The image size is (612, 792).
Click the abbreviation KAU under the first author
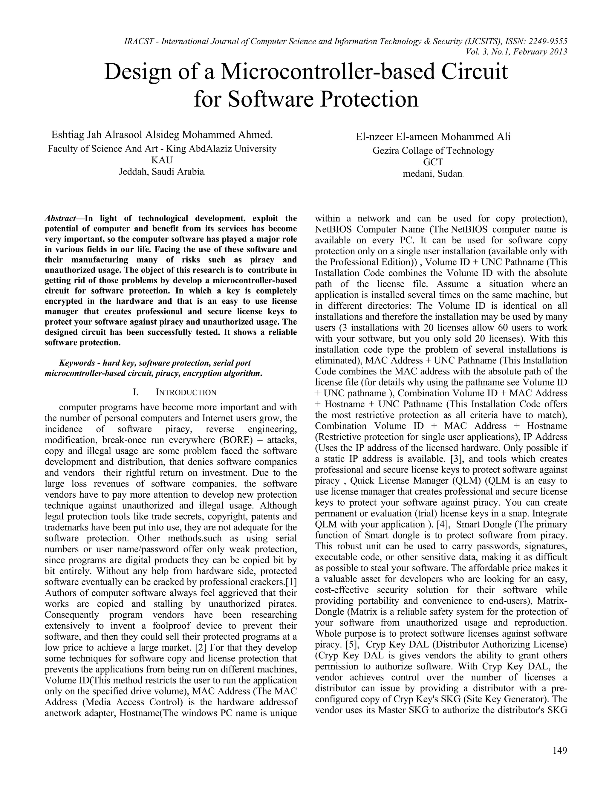162,160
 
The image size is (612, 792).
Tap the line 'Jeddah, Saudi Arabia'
162,172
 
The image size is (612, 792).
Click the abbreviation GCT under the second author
433,162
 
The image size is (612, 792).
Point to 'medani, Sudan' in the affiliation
433,174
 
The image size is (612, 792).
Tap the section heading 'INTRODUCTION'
186,392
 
